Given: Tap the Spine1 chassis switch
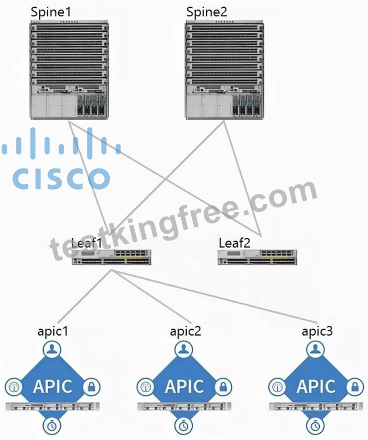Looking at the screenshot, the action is click(x=69, y=70).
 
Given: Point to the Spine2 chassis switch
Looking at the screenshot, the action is click(x=225, y=70).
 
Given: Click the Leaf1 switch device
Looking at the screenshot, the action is click(x=112, y=257).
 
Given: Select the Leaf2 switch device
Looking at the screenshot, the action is click(x=257, y=257).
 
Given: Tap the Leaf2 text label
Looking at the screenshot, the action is click(x=234, y=243).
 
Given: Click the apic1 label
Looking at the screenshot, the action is click(x=53, y=332).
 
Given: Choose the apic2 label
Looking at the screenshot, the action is click(x=185, y=332).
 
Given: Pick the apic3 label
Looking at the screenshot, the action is click(x=317, y=332).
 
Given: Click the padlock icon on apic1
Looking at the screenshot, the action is click(x=92, y=387).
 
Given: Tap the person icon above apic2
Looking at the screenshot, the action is click(x=184, y=349).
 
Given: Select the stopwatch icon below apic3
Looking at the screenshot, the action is click(x=315, y=425).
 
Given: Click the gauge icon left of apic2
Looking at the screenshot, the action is click(x=145, y=387).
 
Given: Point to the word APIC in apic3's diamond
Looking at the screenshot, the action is click(x=316, y=386).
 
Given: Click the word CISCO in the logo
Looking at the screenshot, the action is click(x=61, y=179).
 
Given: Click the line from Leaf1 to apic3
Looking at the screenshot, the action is click(x=215, y=297).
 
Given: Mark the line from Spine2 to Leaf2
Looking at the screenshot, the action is click(x=242, y=179).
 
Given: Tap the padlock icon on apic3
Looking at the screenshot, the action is click(x=355, y=387).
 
